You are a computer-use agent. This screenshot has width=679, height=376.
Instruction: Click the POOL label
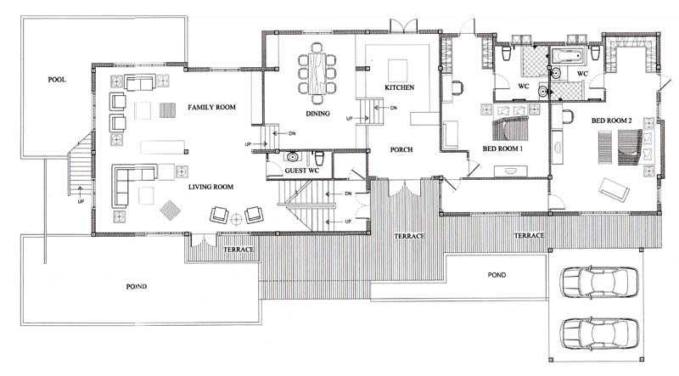coord(57,80)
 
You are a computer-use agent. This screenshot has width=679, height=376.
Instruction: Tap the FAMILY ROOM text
coord(211,107)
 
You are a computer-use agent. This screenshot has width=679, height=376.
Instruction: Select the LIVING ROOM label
coord(210,187)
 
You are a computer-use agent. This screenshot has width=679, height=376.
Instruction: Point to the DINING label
coord(317,114)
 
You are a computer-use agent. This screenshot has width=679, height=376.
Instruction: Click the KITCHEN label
coord(399,87)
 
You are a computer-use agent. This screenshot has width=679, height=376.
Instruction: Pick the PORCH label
coord(401,149)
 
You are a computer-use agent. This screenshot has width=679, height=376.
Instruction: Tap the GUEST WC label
coord(302,171)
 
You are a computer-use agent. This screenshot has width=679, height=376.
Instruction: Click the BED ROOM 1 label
coord(502,149)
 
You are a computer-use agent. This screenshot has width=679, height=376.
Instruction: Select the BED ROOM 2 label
coord(611,121)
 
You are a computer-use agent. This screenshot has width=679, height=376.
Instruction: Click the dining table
coord(317,73)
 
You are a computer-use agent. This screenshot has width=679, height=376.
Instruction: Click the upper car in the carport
coord(599,282)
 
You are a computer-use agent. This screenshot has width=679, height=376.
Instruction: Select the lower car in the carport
coord(599,333)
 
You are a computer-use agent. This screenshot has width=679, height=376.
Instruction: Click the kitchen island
coord(397,70)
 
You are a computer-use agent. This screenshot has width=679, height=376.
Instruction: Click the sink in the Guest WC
coord(293,156)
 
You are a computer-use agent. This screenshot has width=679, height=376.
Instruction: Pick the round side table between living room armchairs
coord(237,219)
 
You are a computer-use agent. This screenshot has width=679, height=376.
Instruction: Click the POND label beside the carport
coord(497,275)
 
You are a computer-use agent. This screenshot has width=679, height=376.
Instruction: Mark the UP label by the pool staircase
coord(81,202)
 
